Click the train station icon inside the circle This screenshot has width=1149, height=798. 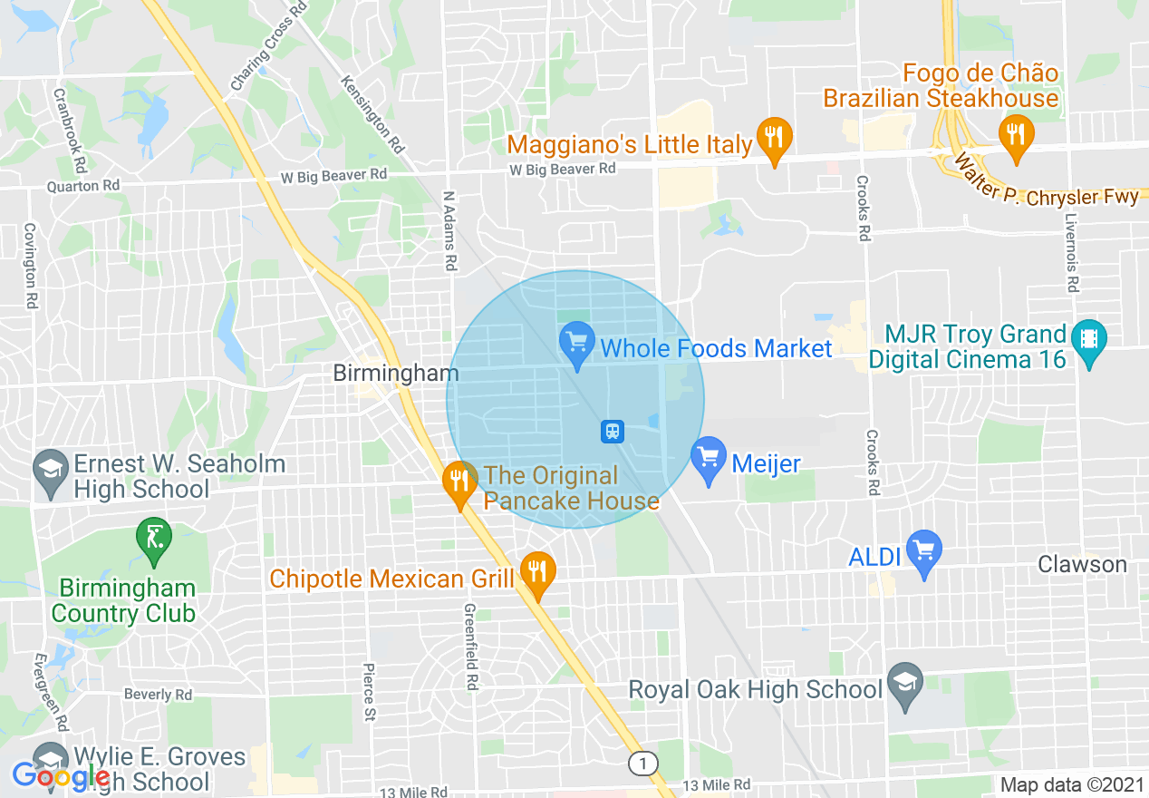tap(613, 431)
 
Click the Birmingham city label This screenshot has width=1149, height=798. tap(396, 373)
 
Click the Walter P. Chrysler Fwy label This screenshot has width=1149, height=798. tap(1041, 186)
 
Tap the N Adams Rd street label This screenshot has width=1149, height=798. tap(449, 231)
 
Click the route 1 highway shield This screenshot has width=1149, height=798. tap(642, 764)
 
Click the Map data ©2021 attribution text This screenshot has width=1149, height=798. tap(1070, 784)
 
